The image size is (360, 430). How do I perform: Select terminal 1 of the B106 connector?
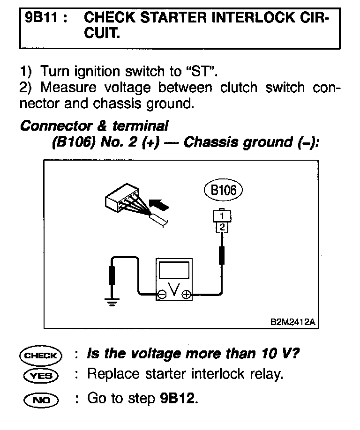tap(221, 216)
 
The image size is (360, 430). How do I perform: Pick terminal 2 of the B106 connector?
tap(221, 227)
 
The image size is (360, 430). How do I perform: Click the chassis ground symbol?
tap(112, 301)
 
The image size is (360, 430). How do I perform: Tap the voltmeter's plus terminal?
tap(186, 294)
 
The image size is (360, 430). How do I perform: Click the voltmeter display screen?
tap(173, 271)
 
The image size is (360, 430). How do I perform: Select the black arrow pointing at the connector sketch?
tap(159, 204)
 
